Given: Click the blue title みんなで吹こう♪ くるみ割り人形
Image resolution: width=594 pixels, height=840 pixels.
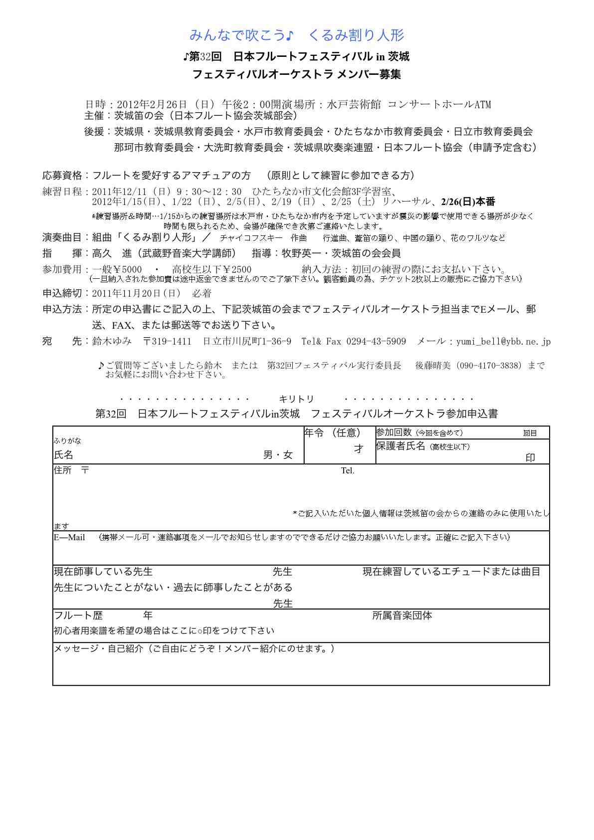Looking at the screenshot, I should pos(297,35).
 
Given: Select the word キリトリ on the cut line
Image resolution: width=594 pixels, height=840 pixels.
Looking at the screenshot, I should pos(296,399).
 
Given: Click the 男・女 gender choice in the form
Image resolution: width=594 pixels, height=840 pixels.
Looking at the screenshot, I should pos(278,455).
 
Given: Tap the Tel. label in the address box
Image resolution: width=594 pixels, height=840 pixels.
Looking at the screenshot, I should pos(348,471).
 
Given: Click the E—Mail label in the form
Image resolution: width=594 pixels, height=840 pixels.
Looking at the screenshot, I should pos(69,538).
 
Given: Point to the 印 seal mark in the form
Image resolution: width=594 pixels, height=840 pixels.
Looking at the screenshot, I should pos(530,458).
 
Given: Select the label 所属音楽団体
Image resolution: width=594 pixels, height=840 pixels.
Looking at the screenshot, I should pos(402,616).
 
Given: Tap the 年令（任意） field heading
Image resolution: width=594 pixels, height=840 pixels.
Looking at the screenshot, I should pos(332,432).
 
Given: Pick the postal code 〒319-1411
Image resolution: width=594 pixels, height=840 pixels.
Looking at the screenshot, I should pos(167,342).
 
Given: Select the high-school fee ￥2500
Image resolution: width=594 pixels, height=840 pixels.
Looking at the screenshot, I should pos(237,270).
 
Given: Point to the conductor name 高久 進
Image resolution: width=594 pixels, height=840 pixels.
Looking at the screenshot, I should pos(112,253).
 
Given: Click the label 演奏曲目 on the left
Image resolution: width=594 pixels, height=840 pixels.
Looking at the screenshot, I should pos(62,237).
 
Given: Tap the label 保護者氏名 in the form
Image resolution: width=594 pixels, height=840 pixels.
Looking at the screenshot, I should pos(400,445).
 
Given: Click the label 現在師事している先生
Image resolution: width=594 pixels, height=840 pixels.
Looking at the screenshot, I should pos(103,572).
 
